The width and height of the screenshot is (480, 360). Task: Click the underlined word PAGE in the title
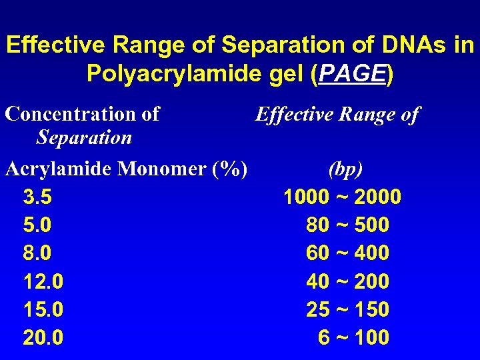point(353,73)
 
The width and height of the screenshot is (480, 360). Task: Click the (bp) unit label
point(346,169)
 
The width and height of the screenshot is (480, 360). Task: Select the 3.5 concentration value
point(37,197)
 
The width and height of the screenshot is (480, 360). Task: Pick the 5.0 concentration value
point(37,225)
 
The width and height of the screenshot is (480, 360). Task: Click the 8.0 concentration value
point(37,253)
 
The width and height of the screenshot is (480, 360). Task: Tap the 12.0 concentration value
point(43,281)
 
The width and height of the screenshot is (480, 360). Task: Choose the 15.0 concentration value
point(43,309)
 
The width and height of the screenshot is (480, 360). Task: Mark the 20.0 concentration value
point(43,337)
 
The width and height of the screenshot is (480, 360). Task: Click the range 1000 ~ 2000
point(342,197)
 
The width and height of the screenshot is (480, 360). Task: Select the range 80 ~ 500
point(347,225)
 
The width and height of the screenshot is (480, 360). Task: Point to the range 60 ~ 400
point(347,253)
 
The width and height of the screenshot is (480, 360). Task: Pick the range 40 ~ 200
point(347,281)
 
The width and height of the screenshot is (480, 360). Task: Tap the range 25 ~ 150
point(347,309)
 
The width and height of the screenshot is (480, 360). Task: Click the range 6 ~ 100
point(353,337)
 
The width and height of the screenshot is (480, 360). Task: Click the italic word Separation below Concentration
point(84,138)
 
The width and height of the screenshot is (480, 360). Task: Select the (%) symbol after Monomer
point(231,169)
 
